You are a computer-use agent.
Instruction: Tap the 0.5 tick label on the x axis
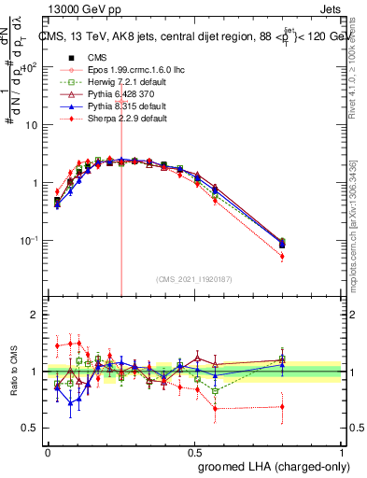click(x=195, y=451)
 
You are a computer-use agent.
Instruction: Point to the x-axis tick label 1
click(x=342, y=451)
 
